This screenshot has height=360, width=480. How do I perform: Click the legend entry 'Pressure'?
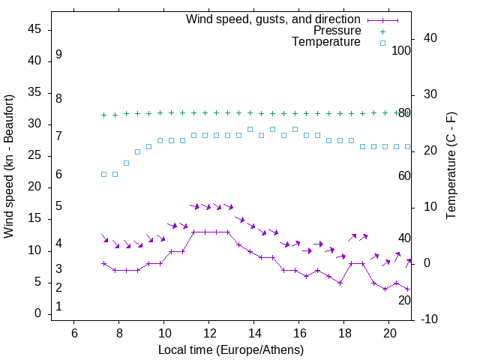pos(337,31)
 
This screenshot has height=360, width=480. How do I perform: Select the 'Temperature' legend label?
pos(326,42)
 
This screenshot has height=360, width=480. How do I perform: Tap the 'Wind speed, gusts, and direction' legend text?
pos(273,19)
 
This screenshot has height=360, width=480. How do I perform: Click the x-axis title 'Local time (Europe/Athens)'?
pos(231,350)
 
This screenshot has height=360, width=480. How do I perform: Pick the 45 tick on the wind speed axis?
pos(34,30)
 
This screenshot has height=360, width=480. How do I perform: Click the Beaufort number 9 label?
pos(58,55)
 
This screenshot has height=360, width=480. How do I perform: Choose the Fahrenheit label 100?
pos(401,50)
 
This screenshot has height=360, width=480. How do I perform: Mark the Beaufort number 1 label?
pos(58,307)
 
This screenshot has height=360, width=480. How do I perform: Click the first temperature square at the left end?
pos(103,174)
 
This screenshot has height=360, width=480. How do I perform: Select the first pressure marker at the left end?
pos(103,115)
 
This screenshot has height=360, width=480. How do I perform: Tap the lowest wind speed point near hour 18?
pos(340,283)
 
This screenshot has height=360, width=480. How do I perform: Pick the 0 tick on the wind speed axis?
pos(37,313)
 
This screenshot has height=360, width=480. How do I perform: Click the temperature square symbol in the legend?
pos(382,43)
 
